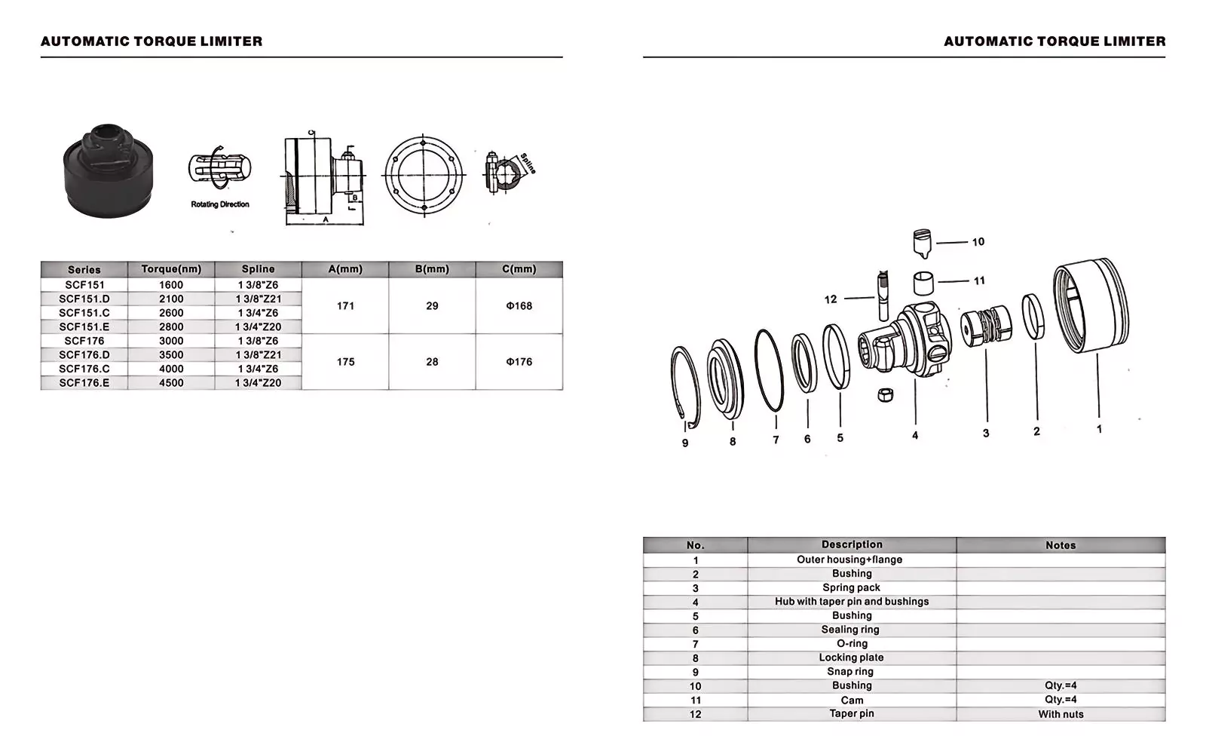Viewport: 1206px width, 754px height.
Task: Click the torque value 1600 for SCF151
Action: (x=171, y=285)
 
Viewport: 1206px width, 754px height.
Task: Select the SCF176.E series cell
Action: (x=84, y=383)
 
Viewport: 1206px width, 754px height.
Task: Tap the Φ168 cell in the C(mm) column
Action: (x=519, y=306)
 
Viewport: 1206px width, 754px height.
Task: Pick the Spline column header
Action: (x=258, y=269)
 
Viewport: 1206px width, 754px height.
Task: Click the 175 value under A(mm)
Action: (x=345, y=362)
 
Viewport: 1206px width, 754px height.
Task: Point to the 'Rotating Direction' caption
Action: (x=219, y=204)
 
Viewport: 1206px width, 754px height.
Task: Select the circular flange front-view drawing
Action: (x=423, y=176)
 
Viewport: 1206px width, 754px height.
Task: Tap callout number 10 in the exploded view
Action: (x=978, y=242)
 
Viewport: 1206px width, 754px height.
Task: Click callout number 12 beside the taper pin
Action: (x=831, y=299)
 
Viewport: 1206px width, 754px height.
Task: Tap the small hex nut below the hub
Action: (x=886, y=395)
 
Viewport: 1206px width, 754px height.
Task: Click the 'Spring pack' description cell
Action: (x=851, y=588)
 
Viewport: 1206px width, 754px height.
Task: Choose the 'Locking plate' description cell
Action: (x=851, y=657)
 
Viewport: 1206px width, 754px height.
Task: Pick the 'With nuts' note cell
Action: (x=1061, y=714)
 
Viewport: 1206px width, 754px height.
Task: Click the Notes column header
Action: (x=1061, y=545)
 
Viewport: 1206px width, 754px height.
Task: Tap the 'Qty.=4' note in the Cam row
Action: (x=1061, y=700)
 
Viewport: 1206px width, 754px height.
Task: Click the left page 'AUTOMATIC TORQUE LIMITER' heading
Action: (x=152, y=41)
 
